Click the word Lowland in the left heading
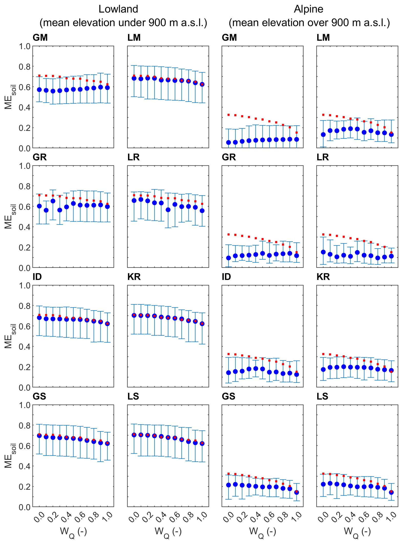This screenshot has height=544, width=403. [118, 9]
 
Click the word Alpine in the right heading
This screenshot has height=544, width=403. [309, 9]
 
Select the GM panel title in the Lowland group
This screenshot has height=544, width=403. [40, 38]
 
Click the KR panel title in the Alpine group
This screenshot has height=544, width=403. [323, 277]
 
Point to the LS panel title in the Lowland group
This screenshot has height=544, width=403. [133, 396]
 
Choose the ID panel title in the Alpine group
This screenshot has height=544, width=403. [226, 277]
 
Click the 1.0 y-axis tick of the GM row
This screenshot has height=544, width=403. [25, 47]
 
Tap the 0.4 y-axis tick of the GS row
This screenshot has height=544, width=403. [25, 466]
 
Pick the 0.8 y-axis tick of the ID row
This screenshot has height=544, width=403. [25, 306]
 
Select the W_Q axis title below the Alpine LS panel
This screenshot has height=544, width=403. [357, 532]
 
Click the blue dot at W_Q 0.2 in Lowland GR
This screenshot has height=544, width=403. [53, 201]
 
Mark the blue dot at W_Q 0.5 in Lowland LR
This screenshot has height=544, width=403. [168, 210]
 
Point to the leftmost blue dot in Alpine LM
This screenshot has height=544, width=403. [323, 135]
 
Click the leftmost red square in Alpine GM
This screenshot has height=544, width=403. [229, 115]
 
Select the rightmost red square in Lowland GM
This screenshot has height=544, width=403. [108, 84]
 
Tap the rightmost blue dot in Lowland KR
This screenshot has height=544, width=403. [202, 324]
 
